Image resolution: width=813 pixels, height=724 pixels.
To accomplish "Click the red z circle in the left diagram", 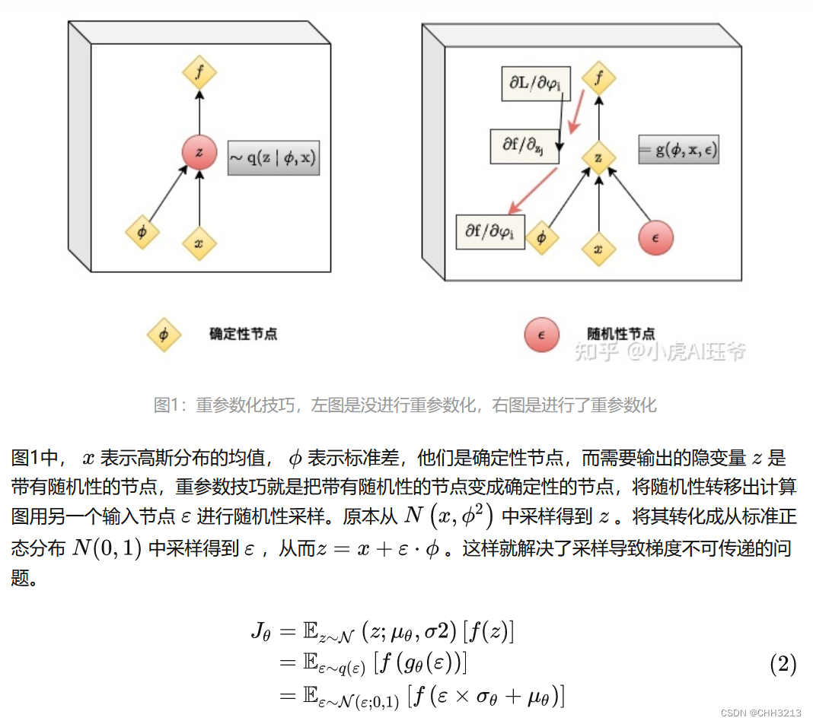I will click(199, 152).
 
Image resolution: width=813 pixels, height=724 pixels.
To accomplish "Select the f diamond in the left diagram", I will click(199, 74).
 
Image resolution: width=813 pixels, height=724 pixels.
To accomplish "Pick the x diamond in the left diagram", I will click(199, 243).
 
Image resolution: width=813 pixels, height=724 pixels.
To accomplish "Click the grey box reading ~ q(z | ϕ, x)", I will click(273, 157).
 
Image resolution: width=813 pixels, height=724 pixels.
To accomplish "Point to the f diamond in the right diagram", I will click(598, 78).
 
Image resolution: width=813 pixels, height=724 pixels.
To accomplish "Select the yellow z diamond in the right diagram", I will click(598, 158).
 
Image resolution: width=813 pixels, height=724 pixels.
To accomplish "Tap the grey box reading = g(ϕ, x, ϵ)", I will click(678, 150).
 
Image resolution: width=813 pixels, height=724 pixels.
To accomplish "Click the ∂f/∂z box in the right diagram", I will click(524, 144).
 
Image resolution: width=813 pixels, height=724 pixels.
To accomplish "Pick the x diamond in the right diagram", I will click(598, 249).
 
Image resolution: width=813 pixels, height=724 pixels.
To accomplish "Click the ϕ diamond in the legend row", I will click(164, 334).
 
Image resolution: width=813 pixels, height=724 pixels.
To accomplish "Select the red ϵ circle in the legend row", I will click(541, 334).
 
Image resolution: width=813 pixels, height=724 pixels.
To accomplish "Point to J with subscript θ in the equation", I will click(260, 631).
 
